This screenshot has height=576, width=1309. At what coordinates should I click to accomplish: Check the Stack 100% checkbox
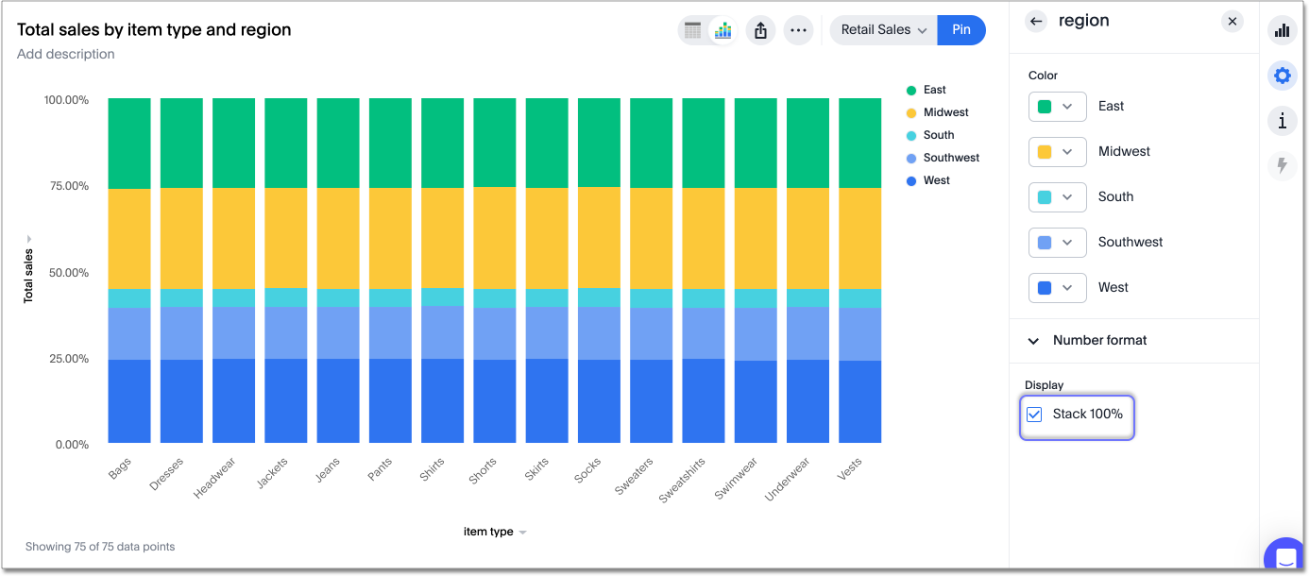pyautogui.click(x=1035, y=415)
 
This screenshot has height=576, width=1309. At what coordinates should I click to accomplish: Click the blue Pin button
pyautogui.click(x=960, y=29)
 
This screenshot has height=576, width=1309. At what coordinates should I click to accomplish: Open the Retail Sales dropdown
pyautogui.click(x=883, y=29)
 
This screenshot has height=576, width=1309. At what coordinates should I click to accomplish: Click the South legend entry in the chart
pyautogui.click(x=938, y=135)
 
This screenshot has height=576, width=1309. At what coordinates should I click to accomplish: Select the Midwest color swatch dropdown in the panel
pyautogui.click(x=1057, y=151)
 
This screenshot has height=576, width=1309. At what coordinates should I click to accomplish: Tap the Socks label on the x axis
pyautogui.click(x=587, y=470)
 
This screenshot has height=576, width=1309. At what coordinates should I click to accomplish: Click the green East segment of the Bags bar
pyautogui.click(x=129, y=143)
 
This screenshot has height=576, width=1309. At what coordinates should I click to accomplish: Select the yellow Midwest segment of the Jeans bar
pyautogui.click(x=338, y=238)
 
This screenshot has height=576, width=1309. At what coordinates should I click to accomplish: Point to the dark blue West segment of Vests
pyautogui.click(x=859, y=401)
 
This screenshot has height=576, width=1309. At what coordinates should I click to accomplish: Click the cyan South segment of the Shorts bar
pyautogui.click(x=494, y=297)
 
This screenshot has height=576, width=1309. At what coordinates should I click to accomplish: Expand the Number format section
pyautogui.click(x=1099, y=340)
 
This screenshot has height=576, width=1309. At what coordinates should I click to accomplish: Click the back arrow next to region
pyautogui.click(x=1037, y=21)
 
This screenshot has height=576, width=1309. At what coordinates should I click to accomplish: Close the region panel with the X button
pyautogui.click(x=1232, y=21)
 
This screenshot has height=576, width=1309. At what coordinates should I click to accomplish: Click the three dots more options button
pyautogui.click(x=798, y=30)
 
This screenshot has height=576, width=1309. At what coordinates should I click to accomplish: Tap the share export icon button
pyautogui.click(x=761, y=30)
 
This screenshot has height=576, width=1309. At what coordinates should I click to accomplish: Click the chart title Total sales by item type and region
pyautogui.click(x=154, y=29)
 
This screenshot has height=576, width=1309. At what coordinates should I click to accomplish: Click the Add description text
pyautogui.click(x=66, y=54)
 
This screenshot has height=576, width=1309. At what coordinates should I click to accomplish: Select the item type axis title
pyautogui.click(x=489, y=532)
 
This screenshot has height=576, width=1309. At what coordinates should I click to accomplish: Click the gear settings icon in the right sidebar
pyautogui.click(x=1282, y=75)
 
